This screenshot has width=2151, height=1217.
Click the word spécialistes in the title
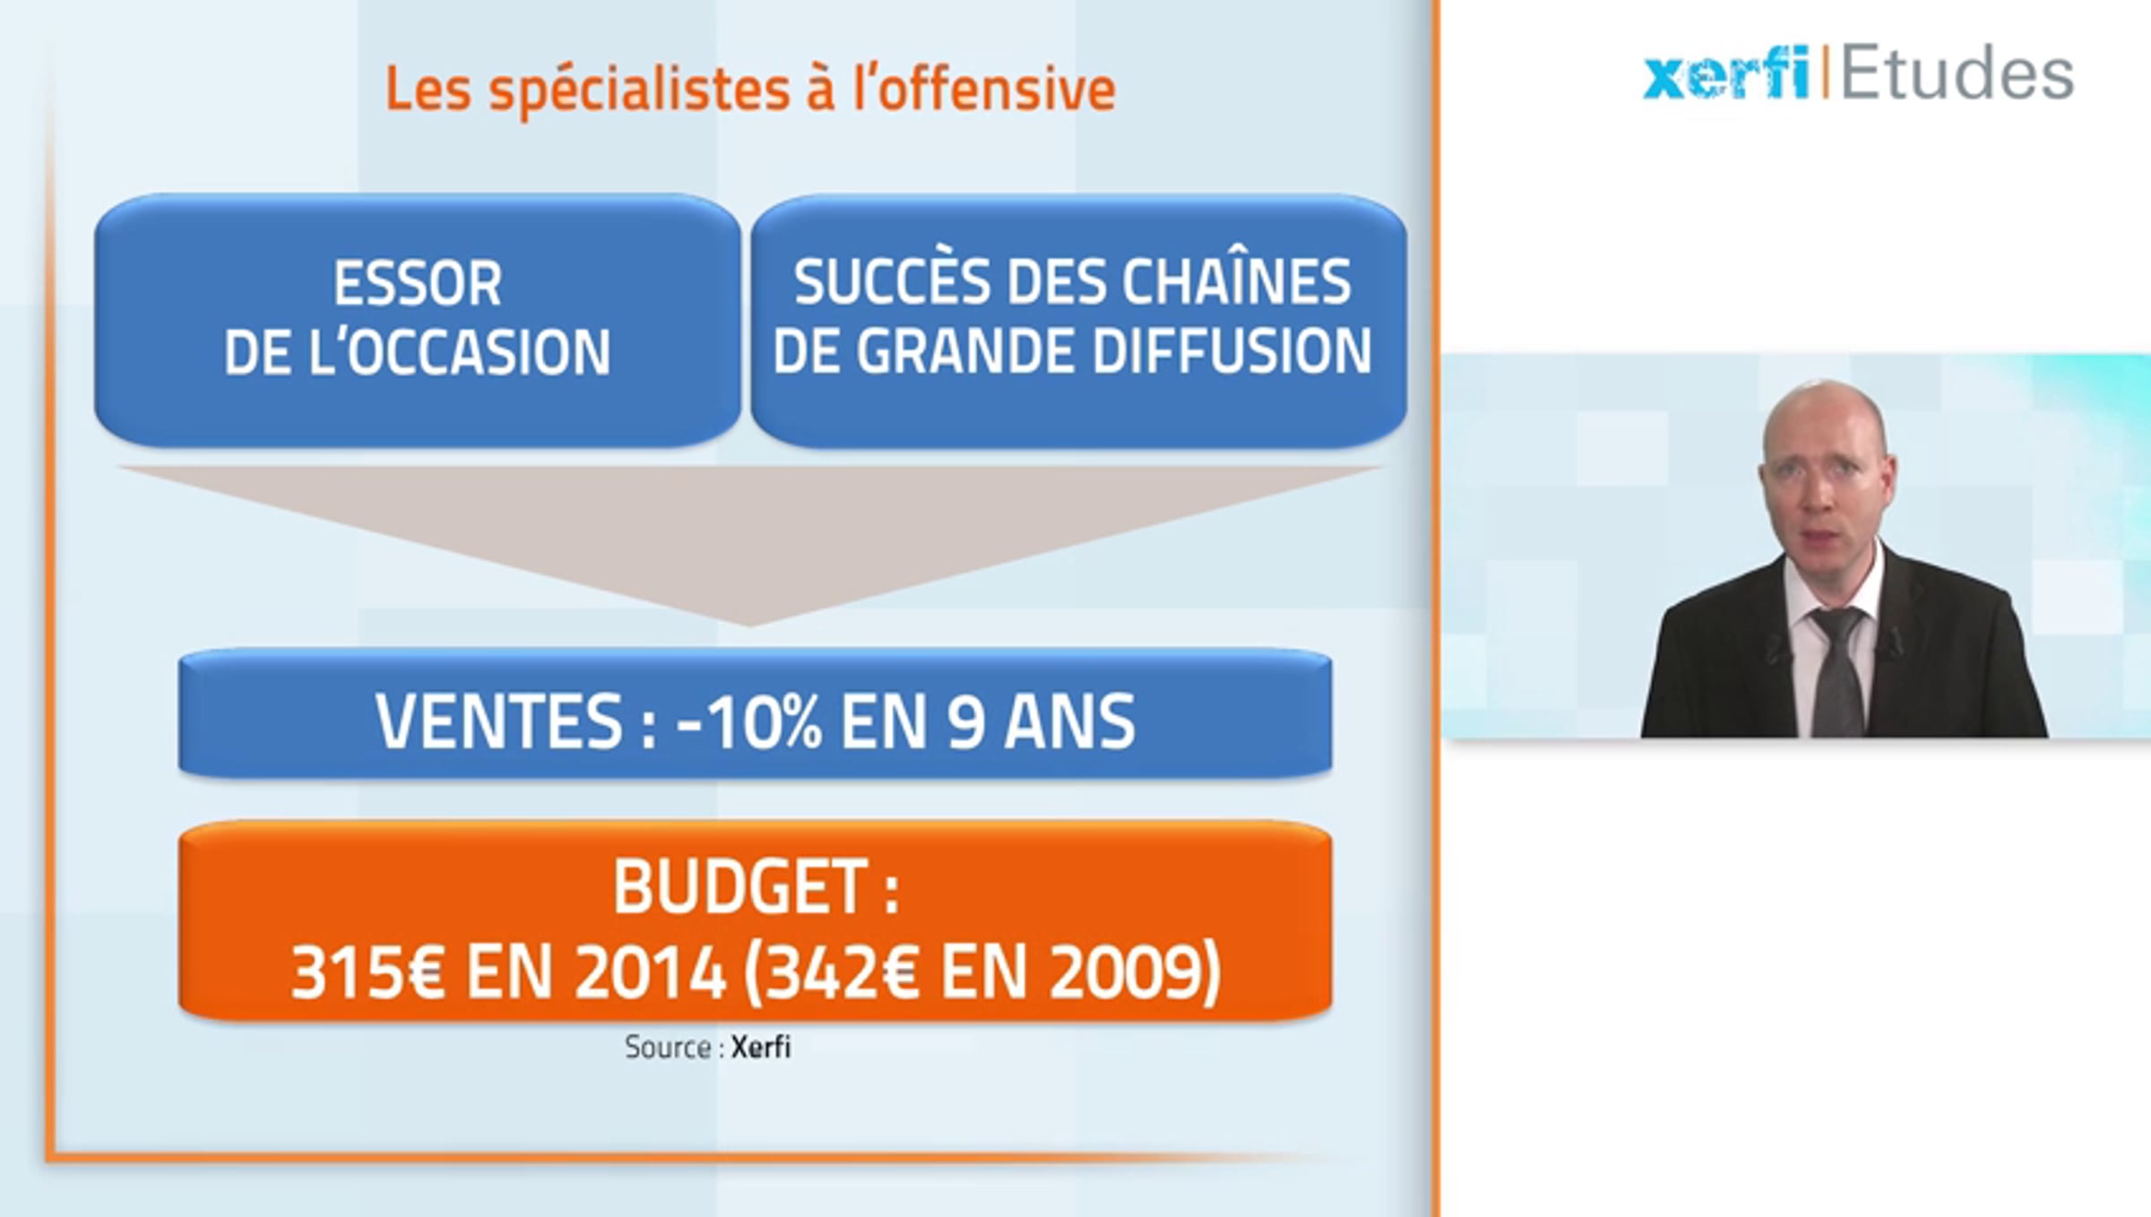click(639, 91)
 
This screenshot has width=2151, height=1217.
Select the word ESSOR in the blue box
click(418, 283)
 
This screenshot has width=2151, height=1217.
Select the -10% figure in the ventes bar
click(750, 721)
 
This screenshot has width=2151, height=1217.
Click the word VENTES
click(498, 721)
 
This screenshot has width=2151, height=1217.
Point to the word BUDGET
click(741, 887)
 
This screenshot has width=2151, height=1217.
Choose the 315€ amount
click(367, 973)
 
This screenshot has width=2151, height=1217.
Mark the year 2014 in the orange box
click(650, 973)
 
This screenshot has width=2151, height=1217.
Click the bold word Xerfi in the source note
click(761, 1047)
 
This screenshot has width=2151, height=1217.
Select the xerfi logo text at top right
click(1725, 73)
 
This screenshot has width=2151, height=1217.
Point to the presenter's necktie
click(1837, 672)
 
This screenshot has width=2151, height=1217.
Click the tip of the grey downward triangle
click(749, 625)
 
